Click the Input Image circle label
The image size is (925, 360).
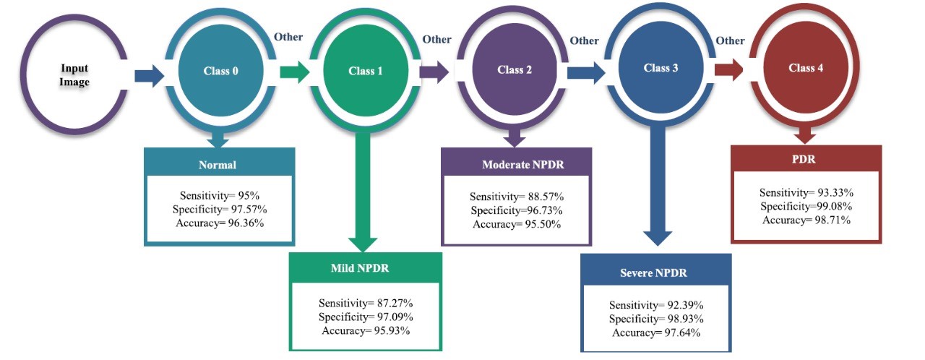[74, 76]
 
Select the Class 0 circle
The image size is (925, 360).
[220, 72]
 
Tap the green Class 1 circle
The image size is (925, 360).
[366, 71]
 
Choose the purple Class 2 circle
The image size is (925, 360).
[515, 70]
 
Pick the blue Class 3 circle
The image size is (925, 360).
[661, 68]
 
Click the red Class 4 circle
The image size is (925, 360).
[806, 68]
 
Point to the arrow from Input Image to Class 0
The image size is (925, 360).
[148, 75]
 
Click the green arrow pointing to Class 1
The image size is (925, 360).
[294, 72]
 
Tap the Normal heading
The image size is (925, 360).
[218, 165]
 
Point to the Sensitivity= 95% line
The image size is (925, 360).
[220, 195]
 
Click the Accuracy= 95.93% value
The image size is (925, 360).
[364, 330]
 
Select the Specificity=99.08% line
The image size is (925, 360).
[806, 206]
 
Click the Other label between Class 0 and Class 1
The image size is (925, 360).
[288, 37]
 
